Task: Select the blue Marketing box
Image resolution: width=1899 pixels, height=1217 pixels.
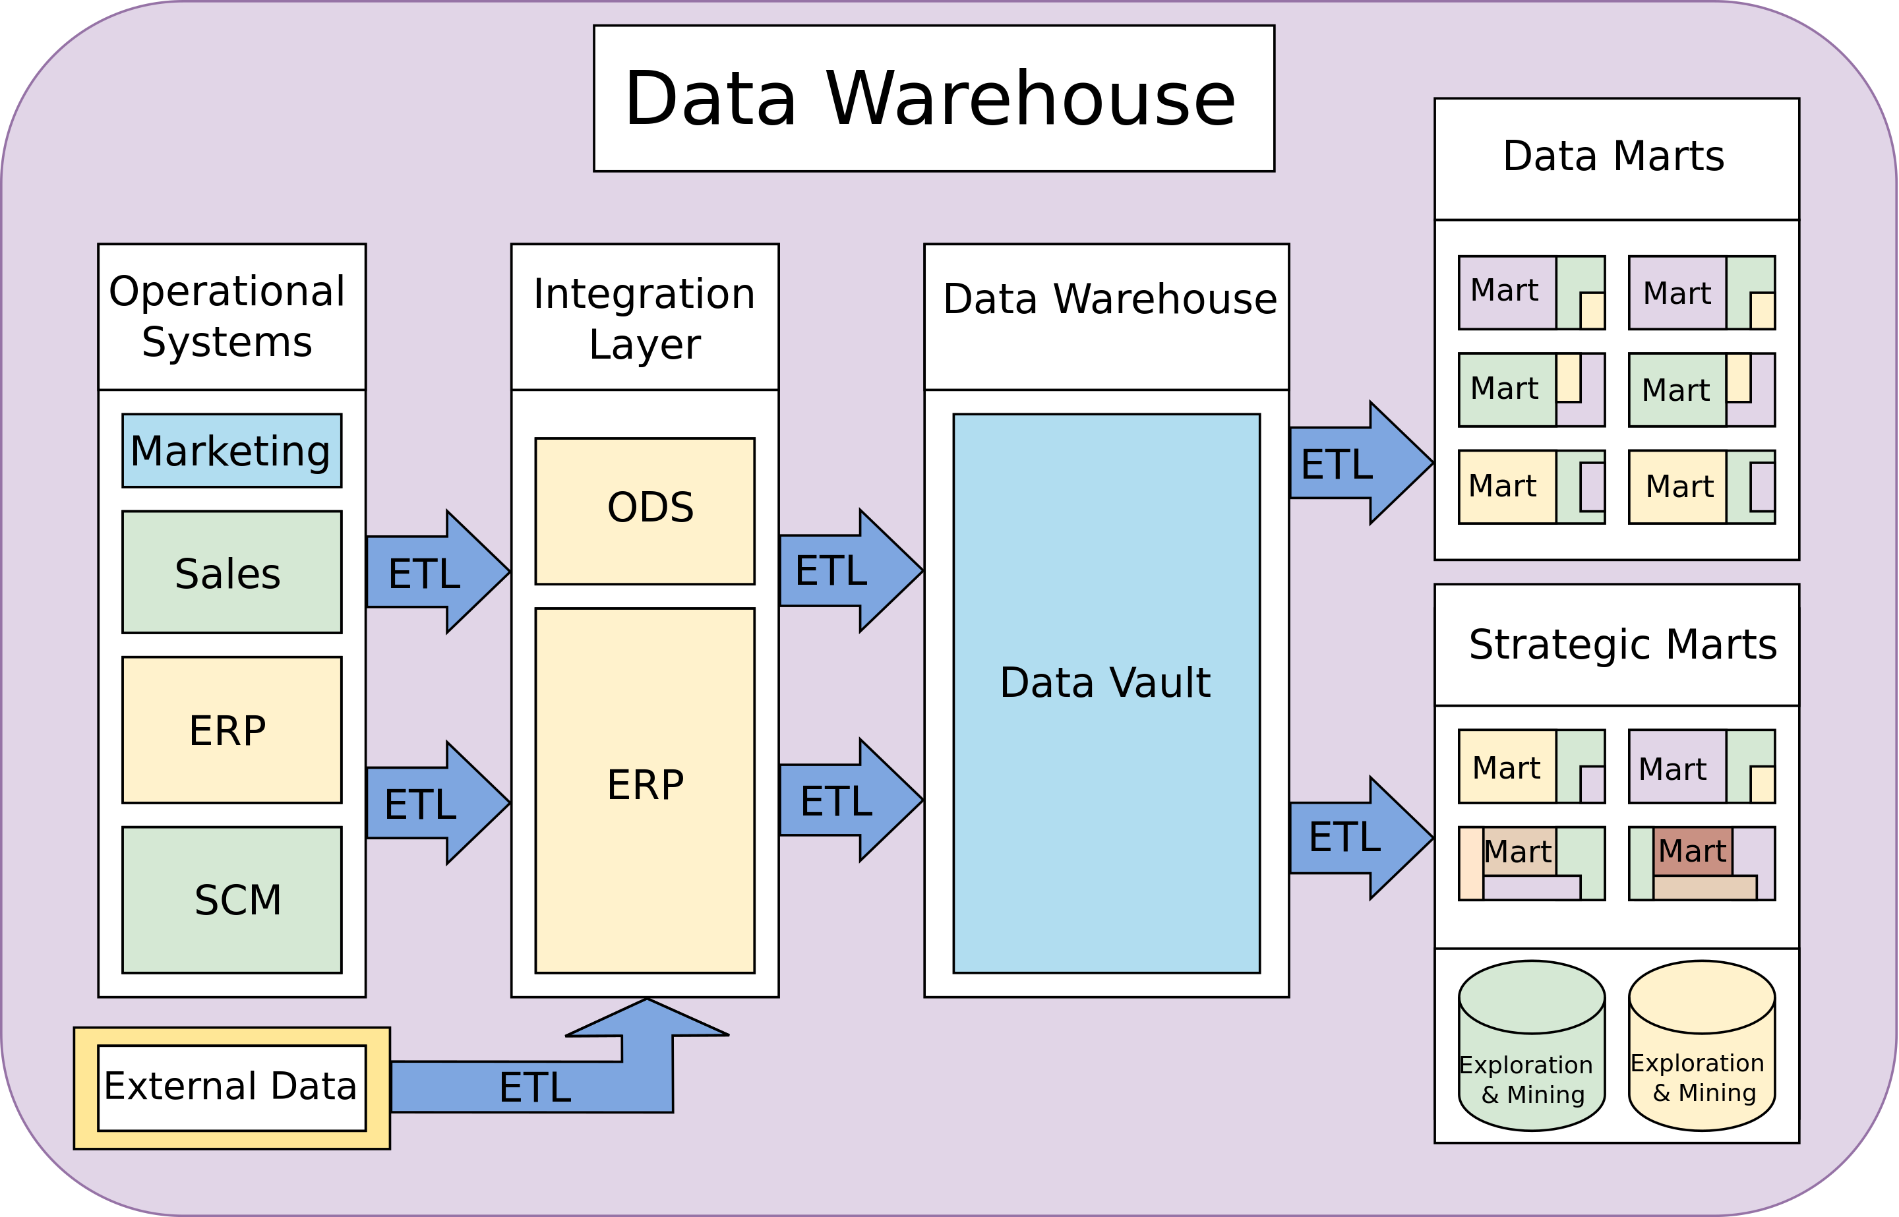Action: click(231, 450)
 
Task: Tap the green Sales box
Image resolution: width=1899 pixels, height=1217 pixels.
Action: click(231, 572)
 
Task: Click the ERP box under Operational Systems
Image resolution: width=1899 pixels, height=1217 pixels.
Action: click(231, 729)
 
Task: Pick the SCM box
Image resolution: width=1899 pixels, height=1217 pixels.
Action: click(231, 899)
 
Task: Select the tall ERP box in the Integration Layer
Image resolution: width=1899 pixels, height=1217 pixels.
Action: click(644, 790)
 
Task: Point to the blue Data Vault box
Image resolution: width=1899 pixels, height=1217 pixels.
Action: click(1106, 693)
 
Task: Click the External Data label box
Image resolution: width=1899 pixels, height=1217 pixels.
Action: click(231, 1087)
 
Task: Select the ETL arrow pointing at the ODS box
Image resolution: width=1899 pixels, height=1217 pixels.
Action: click(435, 572)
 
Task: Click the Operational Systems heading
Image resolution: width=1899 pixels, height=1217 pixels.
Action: click(231, 316)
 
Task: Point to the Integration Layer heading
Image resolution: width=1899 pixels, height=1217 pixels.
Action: click(644, 318)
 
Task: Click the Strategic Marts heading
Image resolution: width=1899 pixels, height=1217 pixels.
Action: click(1616, 644)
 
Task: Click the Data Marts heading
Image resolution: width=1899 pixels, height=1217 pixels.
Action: click(1616, 156)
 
